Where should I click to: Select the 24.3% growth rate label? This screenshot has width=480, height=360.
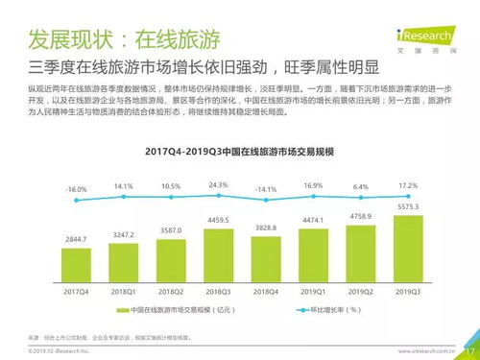(x=218, y=183)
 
